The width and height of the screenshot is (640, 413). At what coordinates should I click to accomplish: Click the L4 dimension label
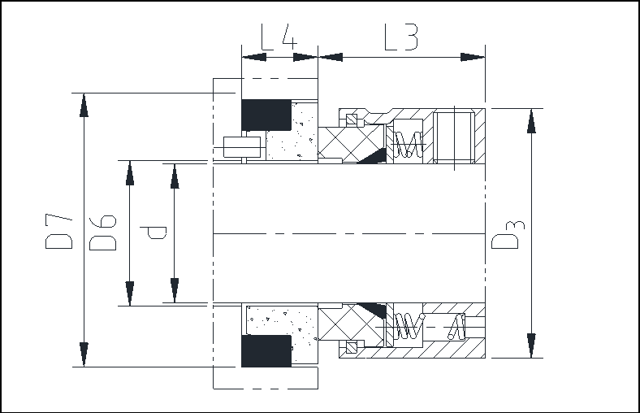[x=279, y=37]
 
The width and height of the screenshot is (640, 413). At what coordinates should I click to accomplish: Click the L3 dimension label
[x=402, y=37]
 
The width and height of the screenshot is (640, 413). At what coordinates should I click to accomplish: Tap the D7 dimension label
[x=59, y=231]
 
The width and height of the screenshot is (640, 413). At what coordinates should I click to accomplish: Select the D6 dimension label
[x=103, y=232]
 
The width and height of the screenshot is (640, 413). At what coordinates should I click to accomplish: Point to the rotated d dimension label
[x=154, y=233]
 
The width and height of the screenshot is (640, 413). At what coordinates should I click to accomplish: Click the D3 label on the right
[x=508, y=234]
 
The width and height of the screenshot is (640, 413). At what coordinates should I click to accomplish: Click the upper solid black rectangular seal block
[x=266, y=115]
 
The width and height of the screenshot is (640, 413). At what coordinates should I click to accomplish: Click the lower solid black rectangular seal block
[x=266, y=351]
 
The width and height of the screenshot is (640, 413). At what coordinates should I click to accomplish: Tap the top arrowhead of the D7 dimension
[x=84, y=105]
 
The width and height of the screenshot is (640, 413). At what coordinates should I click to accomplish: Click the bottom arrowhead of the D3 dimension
[x=531, y=346]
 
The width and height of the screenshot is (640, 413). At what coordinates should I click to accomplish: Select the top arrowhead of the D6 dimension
[x=130, y=173]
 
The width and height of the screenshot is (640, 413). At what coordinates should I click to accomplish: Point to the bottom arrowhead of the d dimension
[x=175, y=290]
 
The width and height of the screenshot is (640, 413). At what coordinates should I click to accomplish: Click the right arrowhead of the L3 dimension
[x=473, y=57]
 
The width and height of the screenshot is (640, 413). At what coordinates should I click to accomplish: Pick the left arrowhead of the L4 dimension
[x=254, y=57]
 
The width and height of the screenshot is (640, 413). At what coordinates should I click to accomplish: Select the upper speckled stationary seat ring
[x=292, y=131]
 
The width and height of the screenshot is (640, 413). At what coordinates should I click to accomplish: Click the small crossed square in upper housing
[x=352, y=120]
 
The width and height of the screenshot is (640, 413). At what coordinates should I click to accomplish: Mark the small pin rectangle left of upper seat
[x=242, y=147]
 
